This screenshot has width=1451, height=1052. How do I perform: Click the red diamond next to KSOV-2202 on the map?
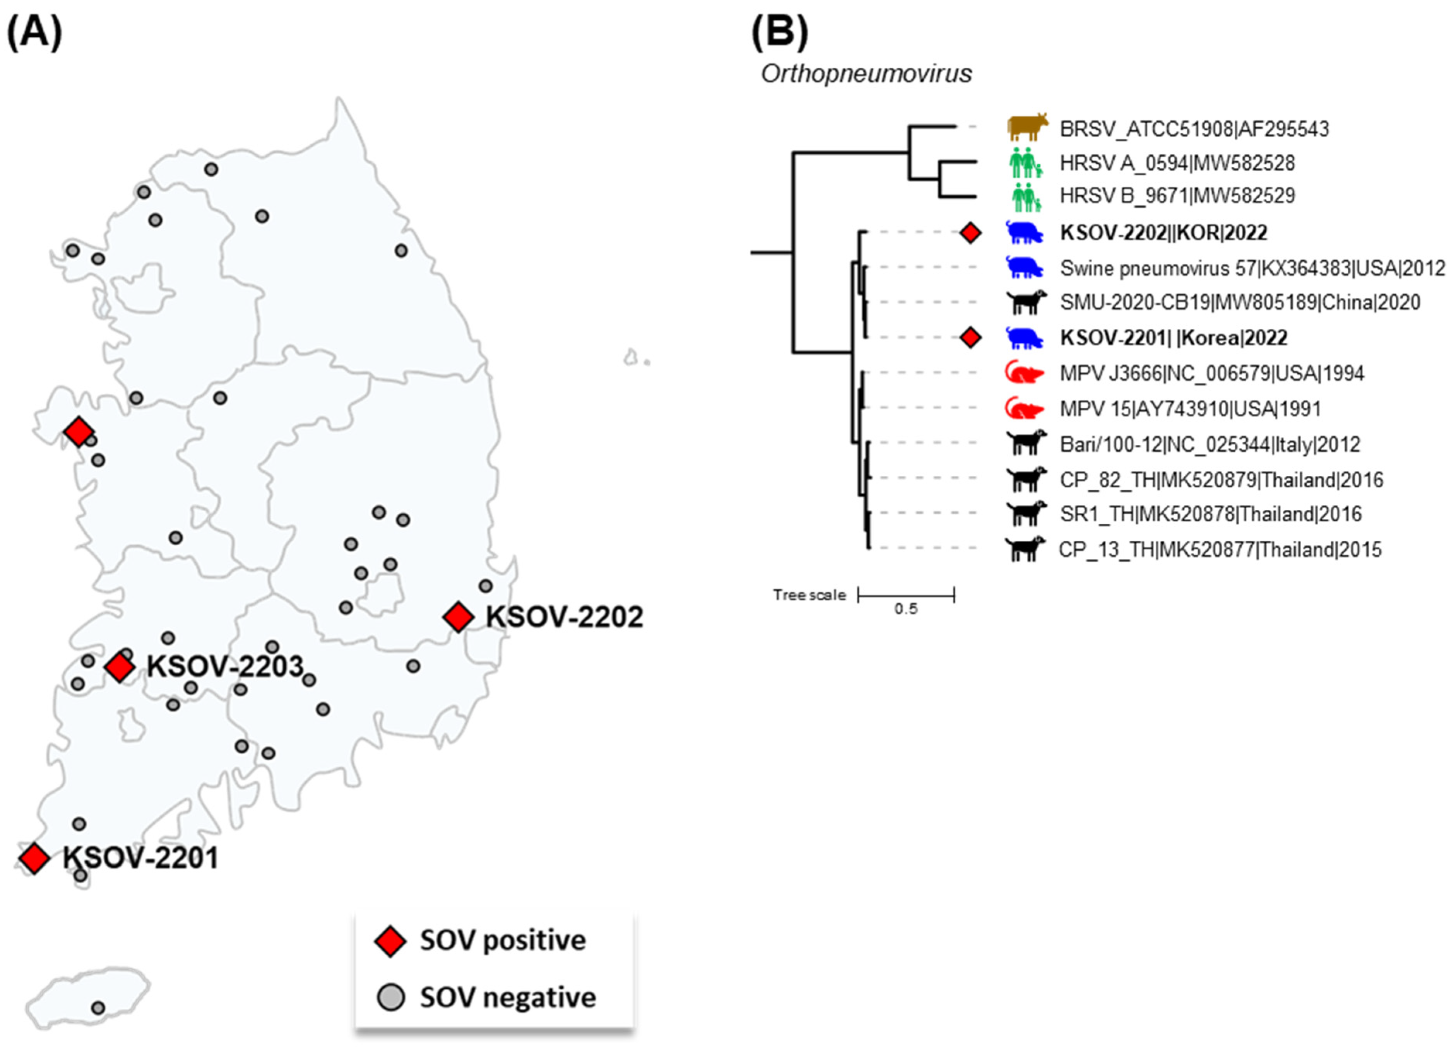click(x=458, y=617)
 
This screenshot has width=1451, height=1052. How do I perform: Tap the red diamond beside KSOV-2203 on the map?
click(x=120, y=667)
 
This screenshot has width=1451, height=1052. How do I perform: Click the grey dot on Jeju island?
click(x=98, y=1007)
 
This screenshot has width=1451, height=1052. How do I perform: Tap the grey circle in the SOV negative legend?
click(x=390, y=997)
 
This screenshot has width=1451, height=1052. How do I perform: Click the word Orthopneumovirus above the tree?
click(x=866, y=73)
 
